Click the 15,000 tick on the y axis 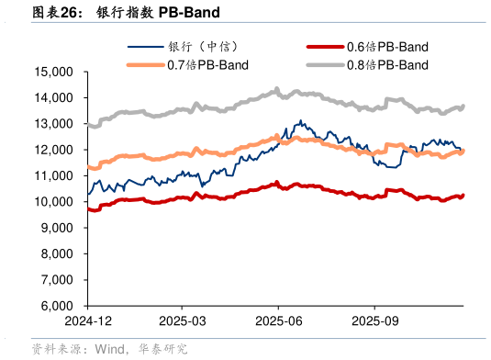[x=54, y=72]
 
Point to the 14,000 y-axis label [x=54, y=97]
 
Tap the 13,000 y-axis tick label [x=54, y=123]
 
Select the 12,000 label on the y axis [x=54, y=150]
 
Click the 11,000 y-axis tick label [x=54, y=175]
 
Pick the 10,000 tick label [x=54, y=201]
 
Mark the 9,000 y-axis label [x=57, y=228]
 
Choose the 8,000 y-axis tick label [x=57, y=253]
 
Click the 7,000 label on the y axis [x=57, y=279]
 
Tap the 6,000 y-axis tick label [x=57, y=306]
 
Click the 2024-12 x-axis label [x=87, y=321]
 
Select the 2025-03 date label [x=182, y=321]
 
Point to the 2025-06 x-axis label [x=279, y=321]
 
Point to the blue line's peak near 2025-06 [x=300, y=120]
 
